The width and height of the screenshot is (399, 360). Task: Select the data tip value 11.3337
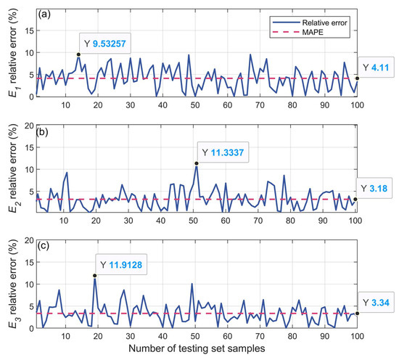[231, 152]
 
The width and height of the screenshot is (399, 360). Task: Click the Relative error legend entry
[319, 22]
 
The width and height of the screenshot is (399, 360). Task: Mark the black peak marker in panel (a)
[78, 54]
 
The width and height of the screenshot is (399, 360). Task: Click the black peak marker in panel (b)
[197, 163]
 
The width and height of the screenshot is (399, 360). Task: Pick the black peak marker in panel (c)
[94, 275]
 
